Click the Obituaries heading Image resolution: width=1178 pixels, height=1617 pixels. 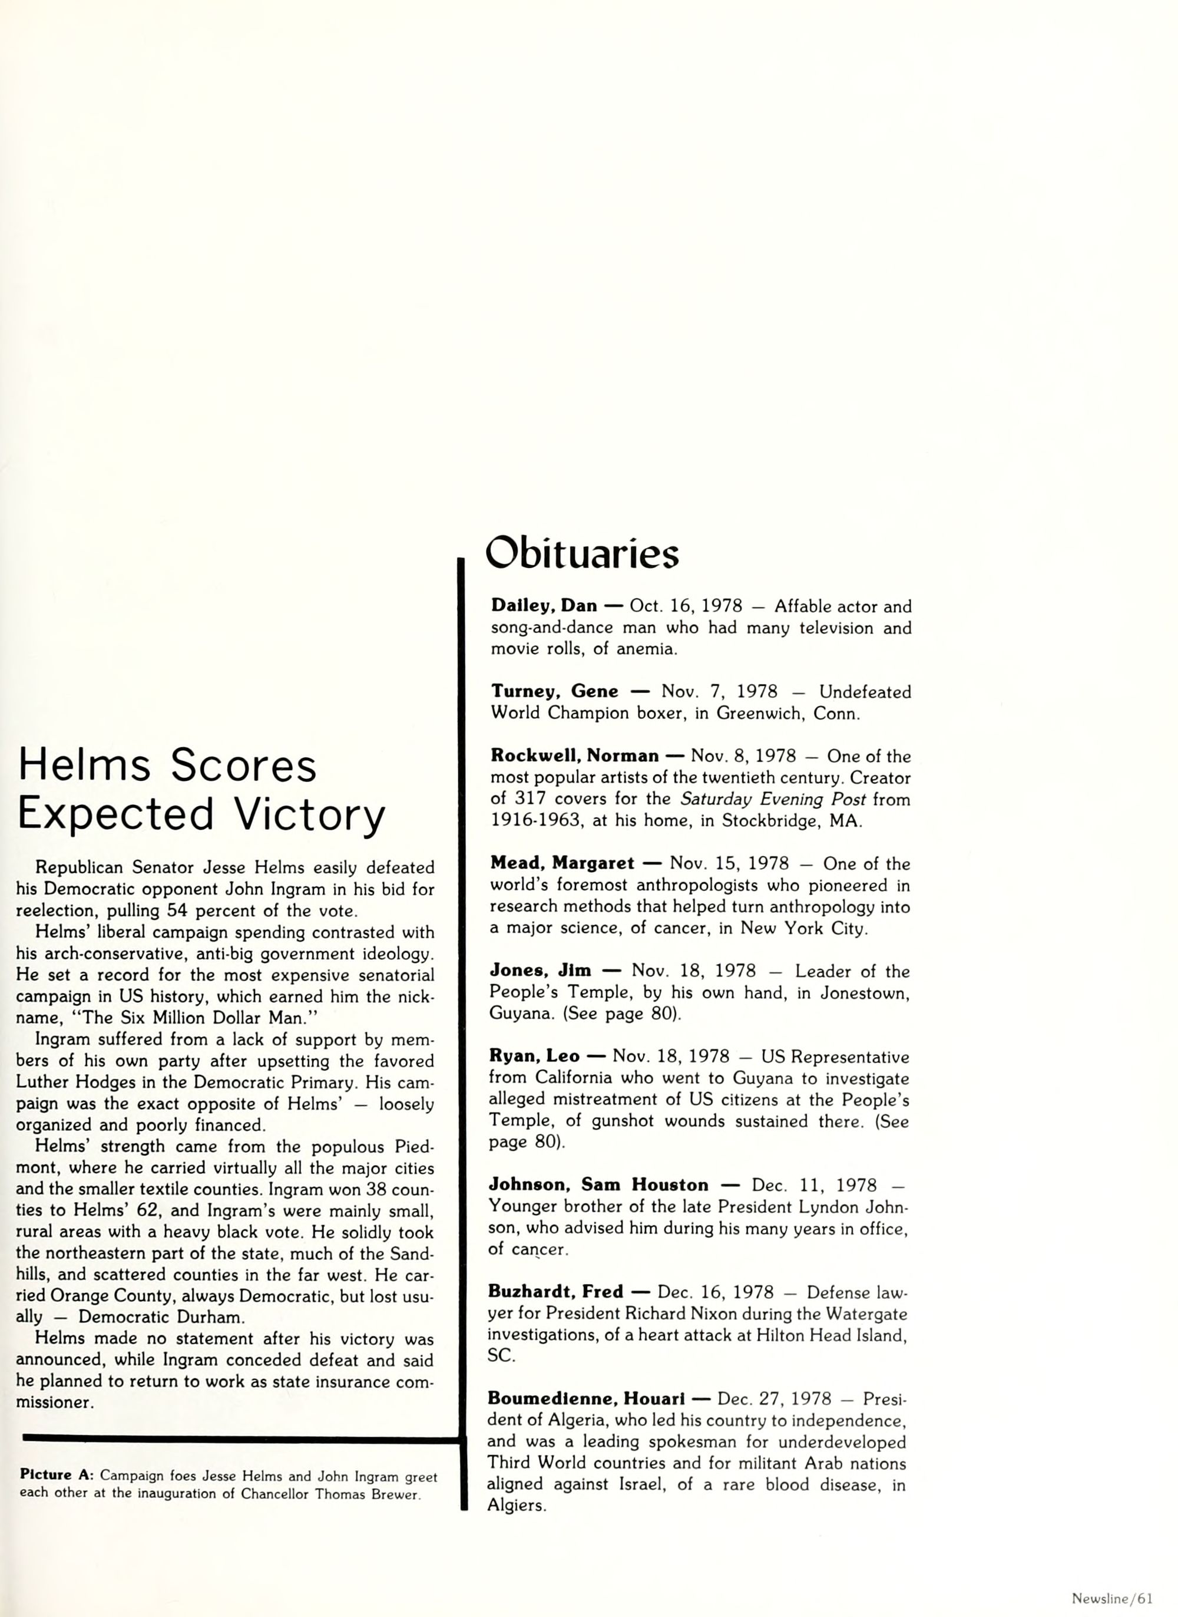click(x=581, y=553)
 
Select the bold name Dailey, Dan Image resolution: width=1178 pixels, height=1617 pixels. click(x=544, y=606)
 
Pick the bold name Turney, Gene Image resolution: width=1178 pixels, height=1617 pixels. click(x=554, y=692)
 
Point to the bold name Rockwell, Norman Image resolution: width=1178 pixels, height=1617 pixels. click(x=574, y=756)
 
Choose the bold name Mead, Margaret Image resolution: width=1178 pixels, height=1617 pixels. click(x=562, y=864)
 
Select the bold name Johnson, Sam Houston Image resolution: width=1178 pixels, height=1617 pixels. click(x=598, y=1184)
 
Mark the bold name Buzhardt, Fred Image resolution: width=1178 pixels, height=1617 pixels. click(x=555, y=1292)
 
